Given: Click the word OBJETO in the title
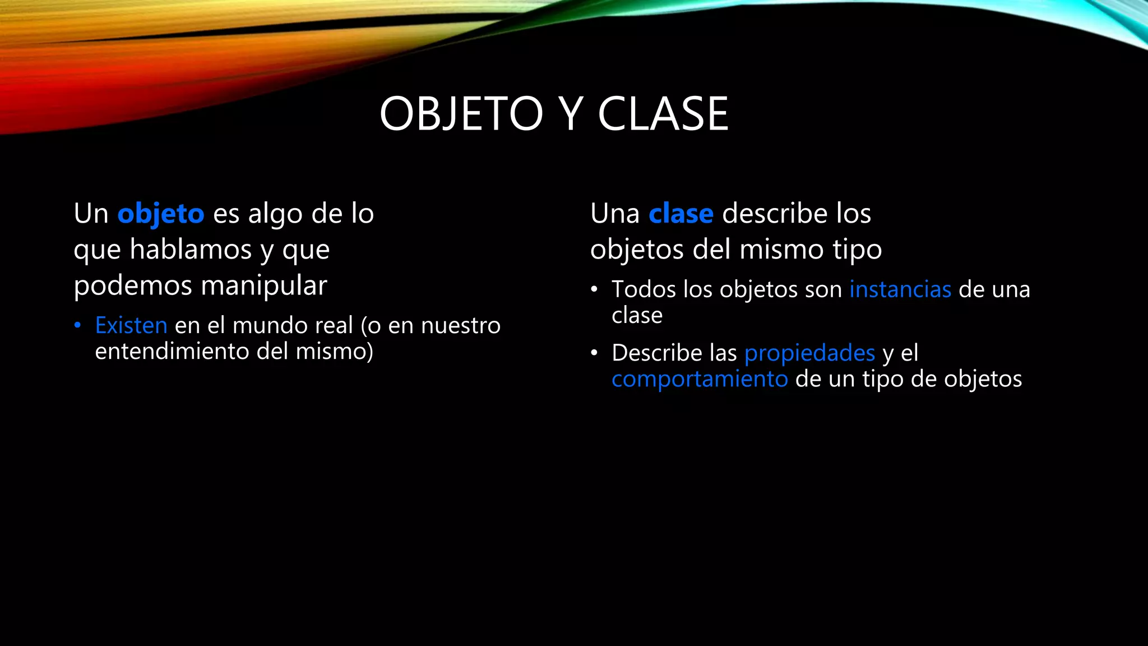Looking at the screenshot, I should click(461, 114).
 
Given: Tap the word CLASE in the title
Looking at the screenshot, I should click(663, 114).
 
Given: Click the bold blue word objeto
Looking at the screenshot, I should click(161, 214).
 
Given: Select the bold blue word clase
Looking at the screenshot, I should click(681, 214).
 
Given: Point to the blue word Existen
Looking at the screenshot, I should click(131, 325).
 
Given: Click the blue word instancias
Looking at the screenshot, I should click(900, 289).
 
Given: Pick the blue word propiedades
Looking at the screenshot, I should click(809, 353).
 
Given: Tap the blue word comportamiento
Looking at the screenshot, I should click(700, 379).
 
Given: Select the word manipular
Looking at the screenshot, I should click(263, 285).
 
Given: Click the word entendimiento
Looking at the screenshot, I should click(172, 352).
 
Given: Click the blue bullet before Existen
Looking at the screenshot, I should click(78, 325).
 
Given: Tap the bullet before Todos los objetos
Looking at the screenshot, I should click(594, 290).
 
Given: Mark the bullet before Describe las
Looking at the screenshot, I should click(594, 353).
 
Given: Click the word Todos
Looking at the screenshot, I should click(644, 289).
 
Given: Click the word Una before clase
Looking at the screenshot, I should click(615, 214).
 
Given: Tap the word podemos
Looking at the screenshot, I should click(133, 285).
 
